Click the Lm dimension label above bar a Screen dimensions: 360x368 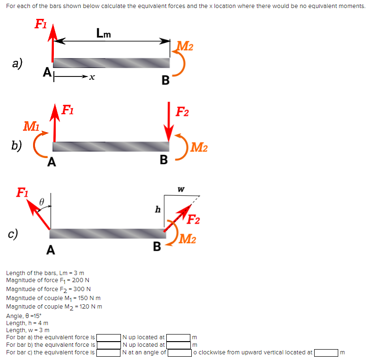point(103,33)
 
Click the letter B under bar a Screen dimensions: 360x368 point(165,80)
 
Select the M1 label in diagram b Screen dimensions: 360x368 point(32,126)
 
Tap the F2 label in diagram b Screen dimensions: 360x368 point(182,112)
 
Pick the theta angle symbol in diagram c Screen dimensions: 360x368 point(42,201)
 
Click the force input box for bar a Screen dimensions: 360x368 point(108,337)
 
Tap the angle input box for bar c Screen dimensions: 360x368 point(180,352)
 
